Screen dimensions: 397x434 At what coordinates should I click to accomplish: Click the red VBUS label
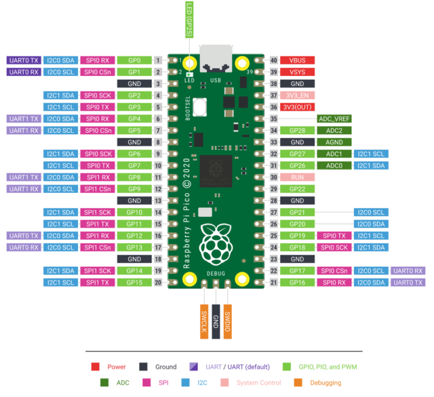[x=297, y=60]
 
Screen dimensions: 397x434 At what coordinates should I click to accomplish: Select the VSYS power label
[x=297, y=72]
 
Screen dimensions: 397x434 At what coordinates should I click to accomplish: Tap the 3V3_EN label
[x=297, y=96]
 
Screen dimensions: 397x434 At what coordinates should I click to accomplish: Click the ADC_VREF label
[x=334, y=119]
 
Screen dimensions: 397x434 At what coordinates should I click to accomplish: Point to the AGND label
[x=334, y=142]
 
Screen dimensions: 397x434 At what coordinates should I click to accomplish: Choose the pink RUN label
[x=297, y=177]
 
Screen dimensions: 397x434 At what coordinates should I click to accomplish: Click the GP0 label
[x=134, y=60]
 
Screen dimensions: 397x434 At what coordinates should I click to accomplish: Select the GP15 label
[x=134, y=282]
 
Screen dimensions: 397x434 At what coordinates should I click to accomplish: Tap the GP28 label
[x=297, y=130]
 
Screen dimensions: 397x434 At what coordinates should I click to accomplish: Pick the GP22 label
[x=297, y=188]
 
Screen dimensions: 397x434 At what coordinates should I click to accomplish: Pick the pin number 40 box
[x=274, y=60]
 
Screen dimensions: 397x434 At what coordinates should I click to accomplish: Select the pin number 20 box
[x=157, y=282]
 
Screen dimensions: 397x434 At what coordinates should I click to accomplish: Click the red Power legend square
[x=96, y=367]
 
